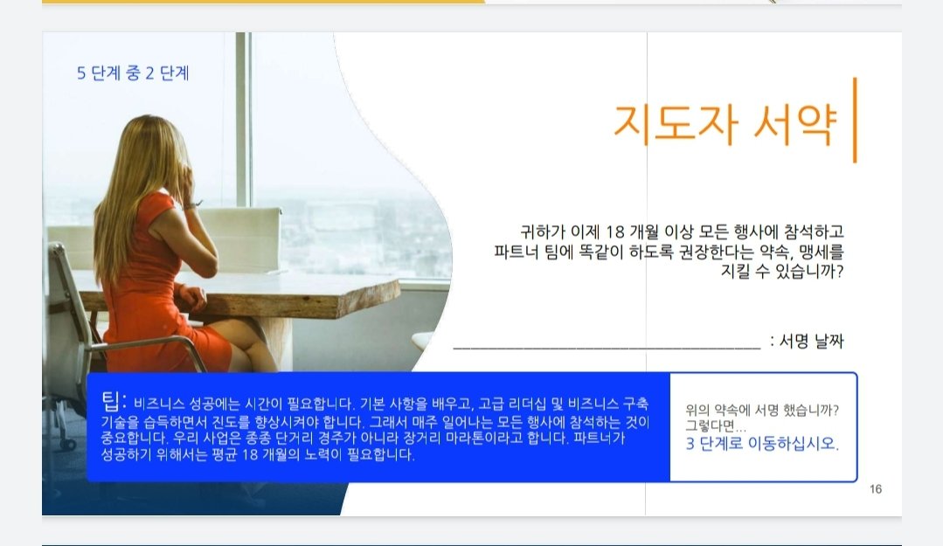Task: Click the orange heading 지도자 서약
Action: click(725, 124)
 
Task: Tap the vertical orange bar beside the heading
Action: click(855, 121)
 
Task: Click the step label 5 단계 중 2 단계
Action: click(133, 73)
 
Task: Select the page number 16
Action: click(876, 489)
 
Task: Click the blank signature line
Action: click(607, 347)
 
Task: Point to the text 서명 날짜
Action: click(812, 341)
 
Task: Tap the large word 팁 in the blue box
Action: click(111, 401)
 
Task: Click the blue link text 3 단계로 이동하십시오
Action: click(762, 444)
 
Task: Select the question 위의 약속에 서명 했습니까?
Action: click(762, 410)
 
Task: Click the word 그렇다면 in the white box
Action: click(711, 425)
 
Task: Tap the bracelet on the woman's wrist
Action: click(192, 205)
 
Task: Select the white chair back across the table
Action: click(240, 238)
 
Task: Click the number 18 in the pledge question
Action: click(615, 232)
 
